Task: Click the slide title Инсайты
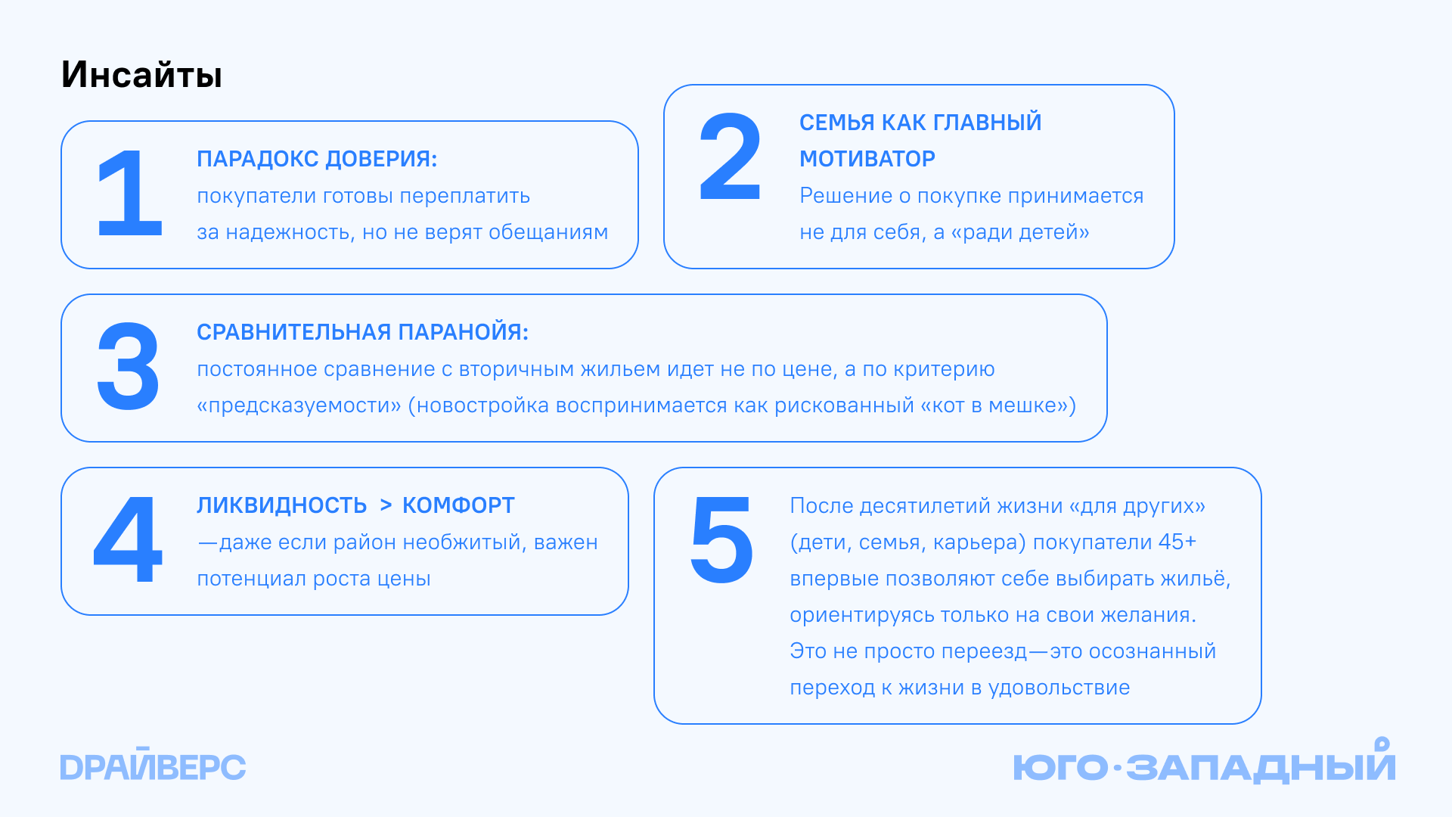pos(141,75)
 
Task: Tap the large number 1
pos(130,194)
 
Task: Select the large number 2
pos(730,157)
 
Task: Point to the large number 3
pos(128,367)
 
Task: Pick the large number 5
pos(721,540)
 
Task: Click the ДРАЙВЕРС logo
pos(153,766)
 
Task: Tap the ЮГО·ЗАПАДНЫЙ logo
pos(1204,763)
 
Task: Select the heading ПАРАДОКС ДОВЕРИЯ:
pos(317,159)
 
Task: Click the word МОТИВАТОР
pos(867,159)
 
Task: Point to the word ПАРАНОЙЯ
pos(463,332)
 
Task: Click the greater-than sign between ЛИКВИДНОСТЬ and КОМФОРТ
pos(386,505)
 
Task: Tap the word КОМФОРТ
pos(458,505)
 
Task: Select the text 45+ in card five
pos(1177,542)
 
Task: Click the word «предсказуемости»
pos(299,406)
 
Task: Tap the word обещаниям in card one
pos(548,232)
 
